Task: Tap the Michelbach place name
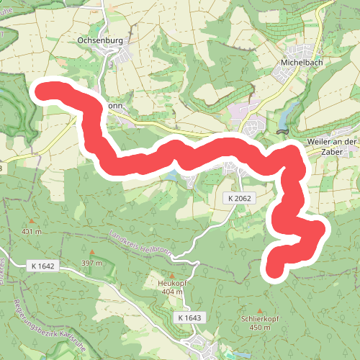[x=299, y=63]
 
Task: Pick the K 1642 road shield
[x=42, y=266]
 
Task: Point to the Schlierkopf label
[x=260, y=318]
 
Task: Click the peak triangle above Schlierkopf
[x=260, y=309]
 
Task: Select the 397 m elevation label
[x=91, y=262]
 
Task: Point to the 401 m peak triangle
[x=32, y=222]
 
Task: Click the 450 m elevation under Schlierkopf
[x=260, y=327]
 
